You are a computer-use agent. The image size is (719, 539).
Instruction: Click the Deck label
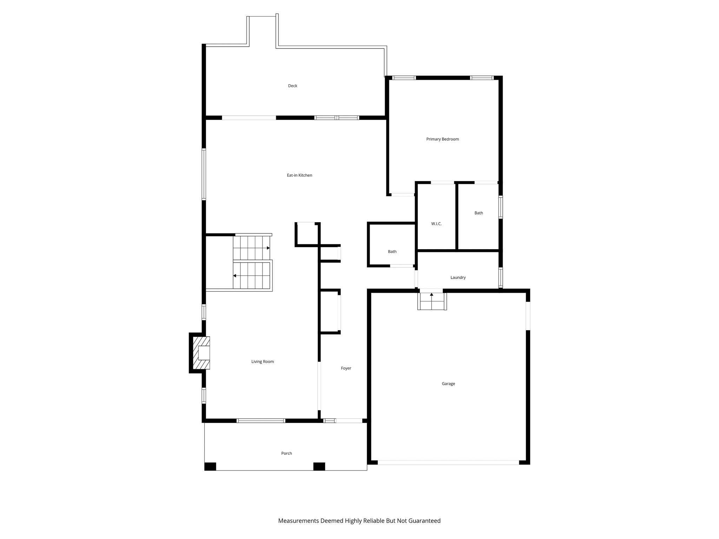[x=292, y=86]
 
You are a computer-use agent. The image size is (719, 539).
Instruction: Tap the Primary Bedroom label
[x=442, y=139]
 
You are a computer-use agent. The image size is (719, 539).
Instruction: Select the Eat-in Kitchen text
[x=299, y=175]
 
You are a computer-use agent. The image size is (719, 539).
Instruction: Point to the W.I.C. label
[x=436, y=224]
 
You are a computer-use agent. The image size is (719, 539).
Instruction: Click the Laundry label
[x=458, y=278]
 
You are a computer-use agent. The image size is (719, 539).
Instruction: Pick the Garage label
[x=448, y=384]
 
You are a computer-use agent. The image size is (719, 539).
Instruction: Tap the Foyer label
[x=346, y=368]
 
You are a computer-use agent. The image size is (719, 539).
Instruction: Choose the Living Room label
[x=262, y=362]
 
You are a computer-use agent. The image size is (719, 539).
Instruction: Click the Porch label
[x=286, y=453]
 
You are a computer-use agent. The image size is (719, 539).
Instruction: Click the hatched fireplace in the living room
[x=201, y=353]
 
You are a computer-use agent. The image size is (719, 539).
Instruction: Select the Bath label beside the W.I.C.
[x=479, y=213]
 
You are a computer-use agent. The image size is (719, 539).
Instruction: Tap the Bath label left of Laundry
[x=392, y=252]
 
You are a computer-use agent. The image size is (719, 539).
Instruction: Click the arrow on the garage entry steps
[x=431, y=295]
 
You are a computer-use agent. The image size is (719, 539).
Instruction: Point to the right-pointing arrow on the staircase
[x=268, y=248]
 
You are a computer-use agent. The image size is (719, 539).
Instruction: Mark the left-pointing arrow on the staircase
[x=235, y=276]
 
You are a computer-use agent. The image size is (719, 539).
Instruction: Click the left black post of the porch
[x=210, y=466]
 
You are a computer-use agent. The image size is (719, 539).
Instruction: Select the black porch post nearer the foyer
[x=319, y=466]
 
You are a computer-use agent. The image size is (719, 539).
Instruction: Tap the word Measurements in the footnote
[x=298, y=521]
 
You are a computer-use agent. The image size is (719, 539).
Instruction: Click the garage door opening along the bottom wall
[x=448, y=463]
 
